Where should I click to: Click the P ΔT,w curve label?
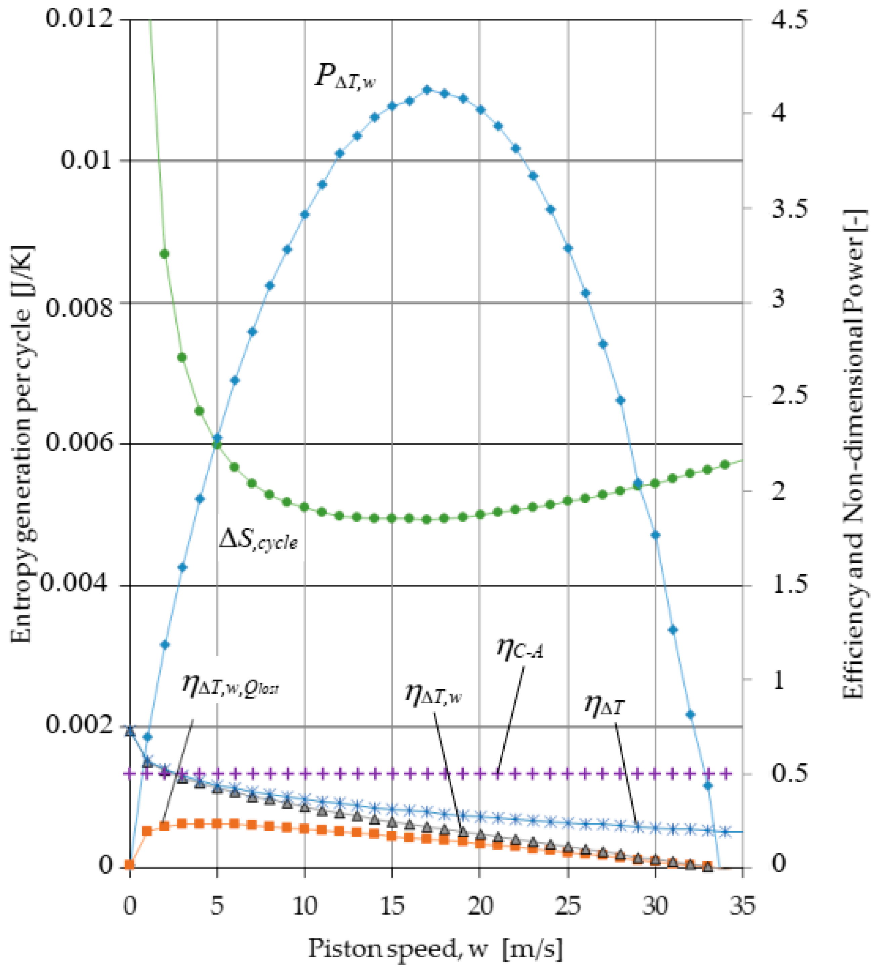coord(344,77)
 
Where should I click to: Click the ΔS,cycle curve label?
coord(258,540)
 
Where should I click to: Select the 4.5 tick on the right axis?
coord(789,20)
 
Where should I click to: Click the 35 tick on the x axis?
coord(742,907)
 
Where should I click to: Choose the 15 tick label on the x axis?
coord(392,907)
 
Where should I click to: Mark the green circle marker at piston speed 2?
coord(164,254)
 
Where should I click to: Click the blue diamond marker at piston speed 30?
coord(655,535)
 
